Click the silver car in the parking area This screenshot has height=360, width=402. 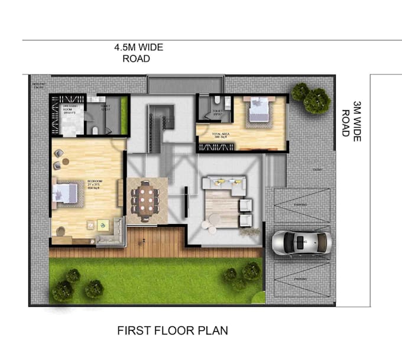300,242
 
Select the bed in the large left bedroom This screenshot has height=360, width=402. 66,194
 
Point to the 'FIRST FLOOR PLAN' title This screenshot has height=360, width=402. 173,330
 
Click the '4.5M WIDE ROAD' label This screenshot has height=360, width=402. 139,53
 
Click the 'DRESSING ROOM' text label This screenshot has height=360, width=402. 70,108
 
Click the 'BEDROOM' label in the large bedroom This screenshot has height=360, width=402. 95,181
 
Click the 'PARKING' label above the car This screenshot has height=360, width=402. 300,203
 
